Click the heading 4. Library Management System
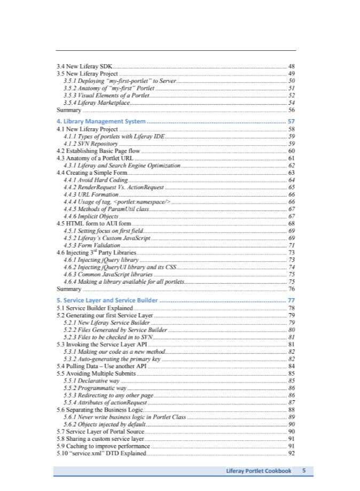point(101,121)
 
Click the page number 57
point(291,121)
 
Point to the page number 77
point(291,300)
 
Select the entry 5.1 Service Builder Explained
point(95,308)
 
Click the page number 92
point(292,453)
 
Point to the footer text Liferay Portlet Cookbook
point(259,471)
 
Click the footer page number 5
point(304,471)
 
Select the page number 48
point(292,65)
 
